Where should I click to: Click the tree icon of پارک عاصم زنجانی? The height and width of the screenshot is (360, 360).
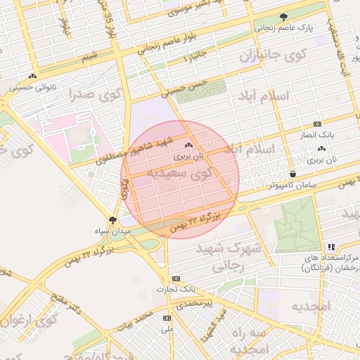(284, 17)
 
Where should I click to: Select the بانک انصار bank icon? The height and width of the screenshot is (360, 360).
(317, 122)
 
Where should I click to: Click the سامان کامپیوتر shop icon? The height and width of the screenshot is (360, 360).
(292, 174)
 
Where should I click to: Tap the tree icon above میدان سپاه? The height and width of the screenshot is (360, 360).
(112, 221)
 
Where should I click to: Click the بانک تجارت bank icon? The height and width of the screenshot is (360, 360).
(176, 278)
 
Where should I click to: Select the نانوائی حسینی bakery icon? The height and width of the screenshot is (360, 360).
(32, 77)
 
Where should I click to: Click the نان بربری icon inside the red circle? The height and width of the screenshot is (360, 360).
(177, 145)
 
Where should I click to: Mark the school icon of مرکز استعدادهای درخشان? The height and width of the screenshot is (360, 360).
(331, 247)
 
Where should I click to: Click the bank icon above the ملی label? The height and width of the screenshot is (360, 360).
(167, 317)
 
